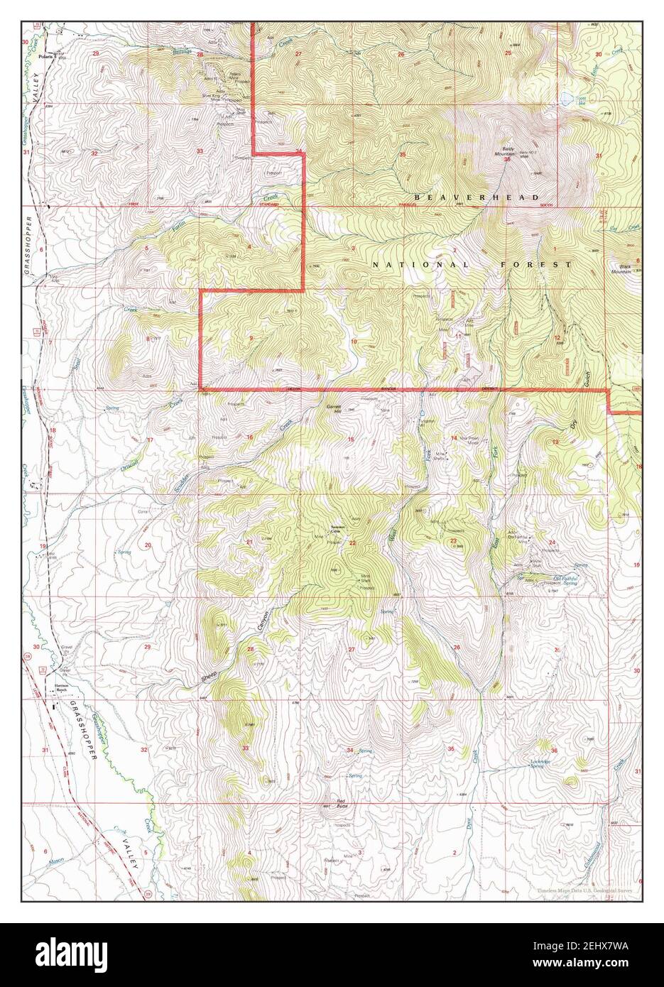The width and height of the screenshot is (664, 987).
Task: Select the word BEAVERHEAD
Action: [x=477, y=197]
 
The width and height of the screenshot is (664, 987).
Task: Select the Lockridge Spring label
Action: [x=542, y=763]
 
